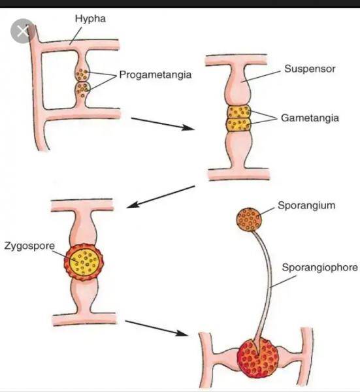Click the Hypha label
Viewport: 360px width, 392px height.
(91, 19)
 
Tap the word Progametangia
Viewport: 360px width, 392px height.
(155, 74)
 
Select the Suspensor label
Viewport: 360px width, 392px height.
(310, 69)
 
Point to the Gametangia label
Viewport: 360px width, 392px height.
(310, 118)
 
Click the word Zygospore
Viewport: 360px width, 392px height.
(29, 246)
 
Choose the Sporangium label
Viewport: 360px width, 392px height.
(306, 206)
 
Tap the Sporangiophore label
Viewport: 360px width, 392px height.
(320, 267)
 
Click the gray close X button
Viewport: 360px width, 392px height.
(23, 31)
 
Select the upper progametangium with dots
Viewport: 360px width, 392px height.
(82, 74)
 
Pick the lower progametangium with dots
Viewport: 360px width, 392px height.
(82, 90)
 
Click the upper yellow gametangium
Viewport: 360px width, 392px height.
(238, 112)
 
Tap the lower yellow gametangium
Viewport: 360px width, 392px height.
(238, 125)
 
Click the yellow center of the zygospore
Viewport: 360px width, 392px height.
(84, 262)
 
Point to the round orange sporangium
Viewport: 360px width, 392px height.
(249, 220)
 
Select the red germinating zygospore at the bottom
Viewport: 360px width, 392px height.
(257, 358)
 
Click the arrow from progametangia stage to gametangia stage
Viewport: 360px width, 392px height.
(163, 123)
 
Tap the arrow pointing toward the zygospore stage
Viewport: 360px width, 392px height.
(161, 197)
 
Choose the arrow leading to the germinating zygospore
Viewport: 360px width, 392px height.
(156, 328)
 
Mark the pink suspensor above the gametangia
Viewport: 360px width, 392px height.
(237, 85)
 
